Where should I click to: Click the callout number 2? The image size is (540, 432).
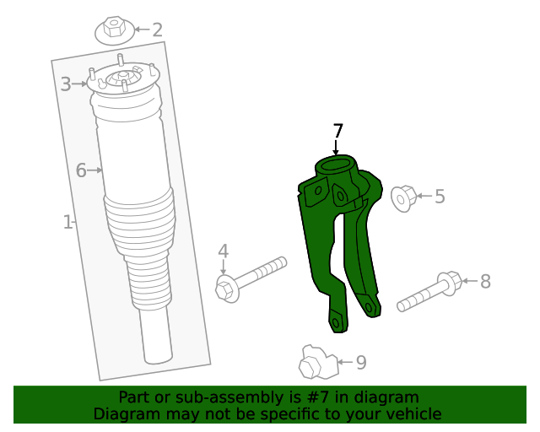(157, 30)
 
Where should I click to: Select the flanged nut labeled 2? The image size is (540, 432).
(115, 30)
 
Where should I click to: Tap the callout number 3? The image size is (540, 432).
(66, 84)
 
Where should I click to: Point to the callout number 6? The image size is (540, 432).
(81, 170)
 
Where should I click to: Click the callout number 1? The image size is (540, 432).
(67, 222)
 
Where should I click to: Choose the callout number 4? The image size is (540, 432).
(223, 251)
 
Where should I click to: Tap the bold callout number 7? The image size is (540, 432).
(337, 132)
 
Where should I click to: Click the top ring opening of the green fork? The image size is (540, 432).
(336, 165)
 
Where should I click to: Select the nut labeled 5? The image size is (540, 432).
(403, 199)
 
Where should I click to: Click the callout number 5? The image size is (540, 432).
(440, 197)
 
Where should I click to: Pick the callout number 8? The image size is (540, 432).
(485, 282)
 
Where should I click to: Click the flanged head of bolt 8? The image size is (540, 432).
(449, 283)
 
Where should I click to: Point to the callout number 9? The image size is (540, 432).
(361, 363)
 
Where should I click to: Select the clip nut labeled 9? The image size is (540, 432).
(318, 363)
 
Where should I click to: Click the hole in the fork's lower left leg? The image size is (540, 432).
(336, 323)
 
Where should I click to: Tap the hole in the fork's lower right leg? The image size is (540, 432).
(369, 307)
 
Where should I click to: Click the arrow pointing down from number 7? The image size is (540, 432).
(336, 148)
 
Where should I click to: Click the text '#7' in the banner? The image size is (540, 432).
(319, 397)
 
